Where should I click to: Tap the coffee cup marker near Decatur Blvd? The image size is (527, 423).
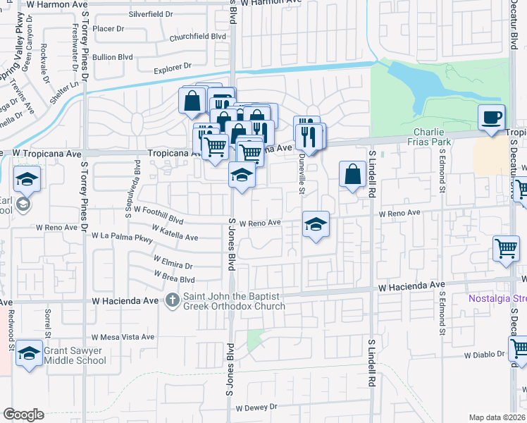(491, 117)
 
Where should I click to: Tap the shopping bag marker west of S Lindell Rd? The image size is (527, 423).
(352, 174)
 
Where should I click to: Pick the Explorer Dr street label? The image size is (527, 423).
(173, 68)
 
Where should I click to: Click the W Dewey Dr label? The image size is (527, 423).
(256, 407)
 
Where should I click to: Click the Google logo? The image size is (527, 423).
(23, 415)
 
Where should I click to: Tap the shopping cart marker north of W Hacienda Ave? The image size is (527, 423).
(506, 250)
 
